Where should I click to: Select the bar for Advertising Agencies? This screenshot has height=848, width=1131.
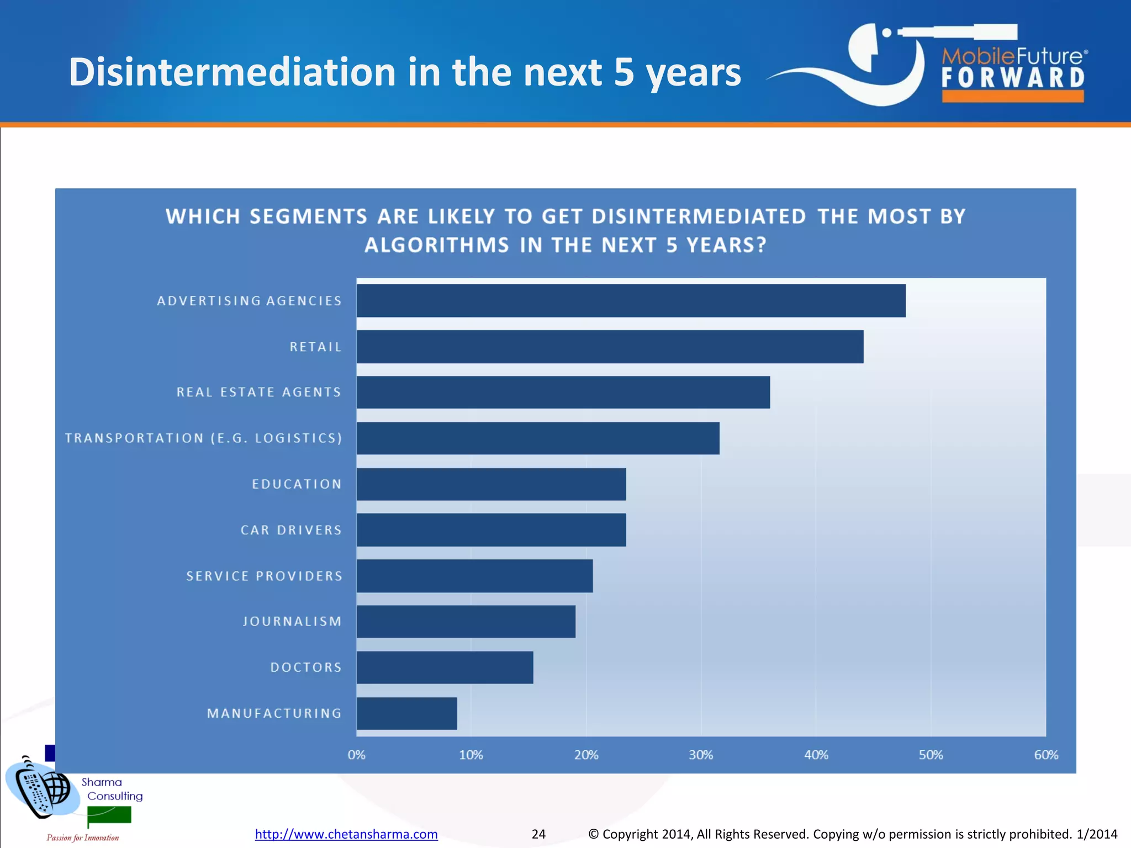[631, 301]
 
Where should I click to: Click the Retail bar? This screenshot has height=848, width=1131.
[610, 347]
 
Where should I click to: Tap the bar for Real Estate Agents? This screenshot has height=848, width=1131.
[563, 393]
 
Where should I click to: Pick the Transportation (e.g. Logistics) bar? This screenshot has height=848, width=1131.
[537, 438]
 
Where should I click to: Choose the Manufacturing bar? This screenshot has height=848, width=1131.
[406, 713]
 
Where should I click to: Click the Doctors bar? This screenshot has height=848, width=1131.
[445, 667]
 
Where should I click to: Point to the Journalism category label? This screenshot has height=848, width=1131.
[292, 622]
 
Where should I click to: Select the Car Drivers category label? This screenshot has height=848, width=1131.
[291, 530]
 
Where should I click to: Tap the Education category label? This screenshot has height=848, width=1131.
[297, 484]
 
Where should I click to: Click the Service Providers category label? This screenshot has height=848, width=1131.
[264, 576]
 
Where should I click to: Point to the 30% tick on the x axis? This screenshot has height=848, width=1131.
[701, 755]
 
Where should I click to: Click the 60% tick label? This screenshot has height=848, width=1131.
[1046, 755]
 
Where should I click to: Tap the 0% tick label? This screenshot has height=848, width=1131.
[356, 755]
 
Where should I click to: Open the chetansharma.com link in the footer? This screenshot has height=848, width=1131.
[346, 834]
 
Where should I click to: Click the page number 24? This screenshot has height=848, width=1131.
[538, 834]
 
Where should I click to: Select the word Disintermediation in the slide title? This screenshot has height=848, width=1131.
[232, 72]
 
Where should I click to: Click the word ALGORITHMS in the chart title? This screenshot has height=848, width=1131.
[436, 245]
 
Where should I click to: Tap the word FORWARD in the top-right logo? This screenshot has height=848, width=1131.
[1013, 78]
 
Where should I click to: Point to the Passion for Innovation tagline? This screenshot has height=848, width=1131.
[83, 838]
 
